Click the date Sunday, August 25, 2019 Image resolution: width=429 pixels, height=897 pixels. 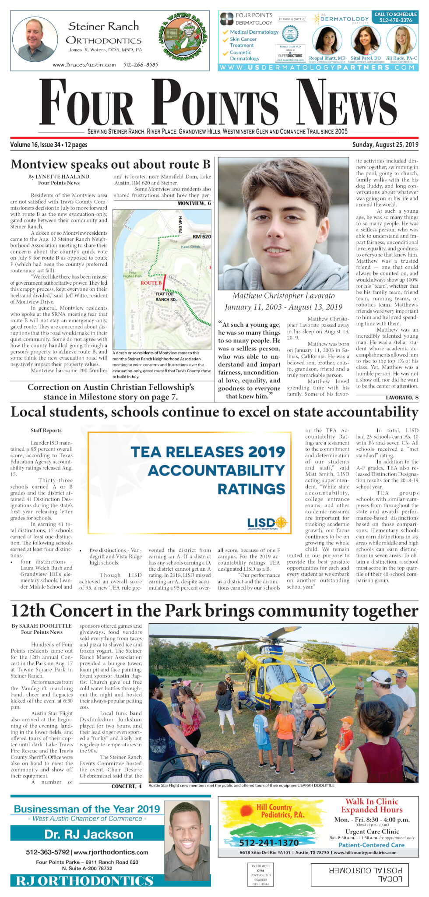coord(385,145)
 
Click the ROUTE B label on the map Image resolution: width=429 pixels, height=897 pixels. coord(151,283)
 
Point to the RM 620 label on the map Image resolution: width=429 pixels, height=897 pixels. coord(201,237)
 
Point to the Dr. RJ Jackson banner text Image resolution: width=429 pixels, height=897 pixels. coord(88,834)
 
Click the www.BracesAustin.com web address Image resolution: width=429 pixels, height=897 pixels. coord(84,65)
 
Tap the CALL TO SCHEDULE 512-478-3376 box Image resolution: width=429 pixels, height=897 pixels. coord(395,17)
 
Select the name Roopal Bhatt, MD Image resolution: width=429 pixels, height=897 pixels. coord(327,58)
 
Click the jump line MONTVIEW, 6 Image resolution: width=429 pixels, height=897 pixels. coord(194,204)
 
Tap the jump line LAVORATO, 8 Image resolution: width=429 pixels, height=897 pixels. coord(402,398)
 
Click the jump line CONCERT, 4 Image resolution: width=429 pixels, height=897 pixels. coord(127,787)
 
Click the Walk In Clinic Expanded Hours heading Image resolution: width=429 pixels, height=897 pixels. coord(372,806)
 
